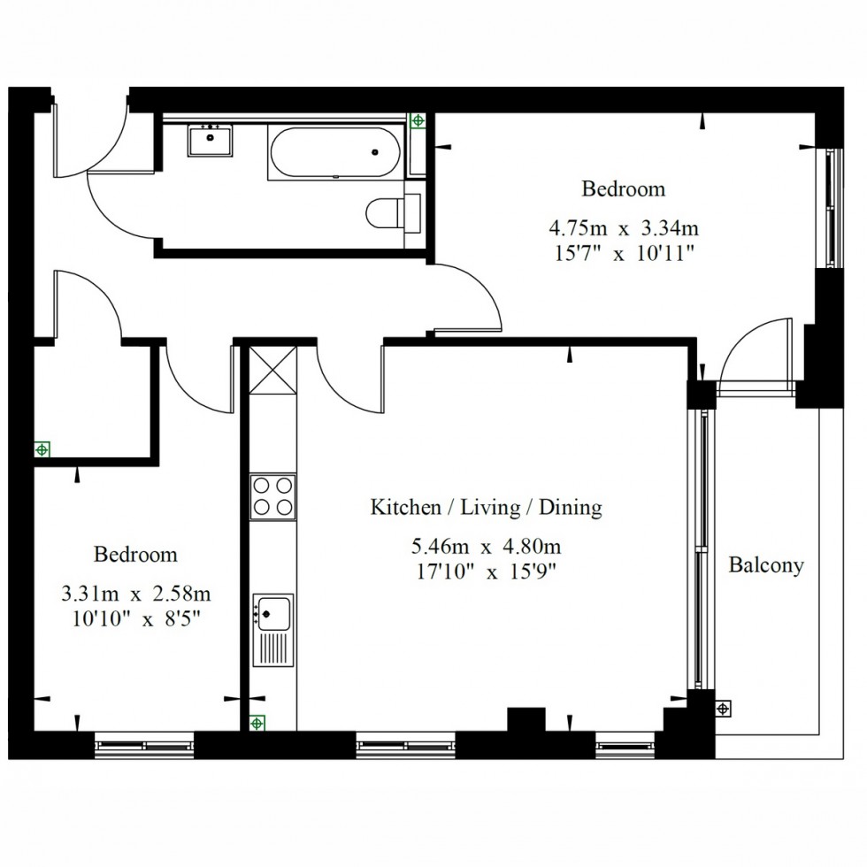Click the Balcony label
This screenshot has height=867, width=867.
766,565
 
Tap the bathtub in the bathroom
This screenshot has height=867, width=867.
335,152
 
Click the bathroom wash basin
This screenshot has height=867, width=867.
211,141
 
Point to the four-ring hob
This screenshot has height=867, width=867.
272,496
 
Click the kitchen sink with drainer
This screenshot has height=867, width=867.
272,630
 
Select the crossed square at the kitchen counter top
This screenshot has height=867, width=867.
272,370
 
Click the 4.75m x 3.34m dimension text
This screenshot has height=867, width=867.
624,228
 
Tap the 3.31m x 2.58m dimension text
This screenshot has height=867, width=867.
135,594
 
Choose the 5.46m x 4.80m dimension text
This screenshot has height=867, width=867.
486,547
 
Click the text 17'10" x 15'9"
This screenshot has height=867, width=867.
486,572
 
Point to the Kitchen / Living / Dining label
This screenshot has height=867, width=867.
486,507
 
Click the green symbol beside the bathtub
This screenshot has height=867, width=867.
418,120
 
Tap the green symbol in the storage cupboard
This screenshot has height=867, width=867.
42,449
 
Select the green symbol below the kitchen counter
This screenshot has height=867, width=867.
257,723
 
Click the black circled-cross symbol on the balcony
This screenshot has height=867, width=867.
724,709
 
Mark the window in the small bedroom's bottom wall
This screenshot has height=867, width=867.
144,745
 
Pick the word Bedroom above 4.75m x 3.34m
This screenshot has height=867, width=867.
623,189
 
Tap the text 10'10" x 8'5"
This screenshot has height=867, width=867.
135,618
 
